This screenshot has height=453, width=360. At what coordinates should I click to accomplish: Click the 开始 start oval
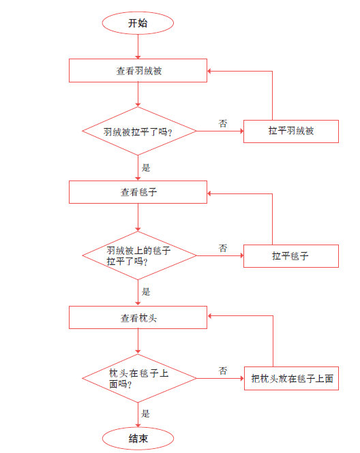(138, 23)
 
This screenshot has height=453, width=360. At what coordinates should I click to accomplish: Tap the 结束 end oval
(138, 438)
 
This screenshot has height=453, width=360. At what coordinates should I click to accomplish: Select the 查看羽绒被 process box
(138, 70)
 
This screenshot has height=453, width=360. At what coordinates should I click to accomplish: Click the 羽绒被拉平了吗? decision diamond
(139, 131)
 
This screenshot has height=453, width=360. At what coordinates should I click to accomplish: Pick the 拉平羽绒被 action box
(291, 131)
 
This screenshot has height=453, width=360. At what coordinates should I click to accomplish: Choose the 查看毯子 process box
(138, 192)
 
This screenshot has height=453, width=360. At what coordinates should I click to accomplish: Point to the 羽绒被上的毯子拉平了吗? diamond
(139, 255)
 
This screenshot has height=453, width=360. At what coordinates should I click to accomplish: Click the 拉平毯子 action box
(291, 256)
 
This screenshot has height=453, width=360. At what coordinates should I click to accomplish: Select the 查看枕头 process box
(138, 317)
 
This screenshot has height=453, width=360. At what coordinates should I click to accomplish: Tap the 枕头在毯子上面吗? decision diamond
(139, 378)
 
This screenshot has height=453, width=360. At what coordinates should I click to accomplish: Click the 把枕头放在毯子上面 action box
(291, 379)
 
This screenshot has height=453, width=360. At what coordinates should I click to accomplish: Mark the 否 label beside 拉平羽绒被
(223, 123)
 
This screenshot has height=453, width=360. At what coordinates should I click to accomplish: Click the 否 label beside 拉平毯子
(223, 248)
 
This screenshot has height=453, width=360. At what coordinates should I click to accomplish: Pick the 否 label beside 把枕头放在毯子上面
(223, 371)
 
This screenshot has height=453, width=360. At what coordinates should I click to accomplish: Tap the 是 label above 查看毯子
(146, 168)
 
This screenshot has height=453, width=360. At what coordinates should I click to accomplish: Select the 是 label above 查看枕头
(146, 292)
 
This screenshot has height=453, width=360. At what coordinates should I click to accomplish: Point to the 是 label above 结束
(145, 413)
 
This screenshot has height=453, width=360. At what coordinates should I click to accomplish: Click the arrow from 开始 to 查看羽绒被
(138, 46)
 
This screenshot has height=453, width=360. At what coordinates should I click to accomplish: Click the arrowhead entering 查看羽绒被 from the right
(209, 71)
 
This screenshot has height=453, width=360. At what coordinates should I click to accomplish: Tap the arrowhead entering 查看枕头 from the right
(210, 316)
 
